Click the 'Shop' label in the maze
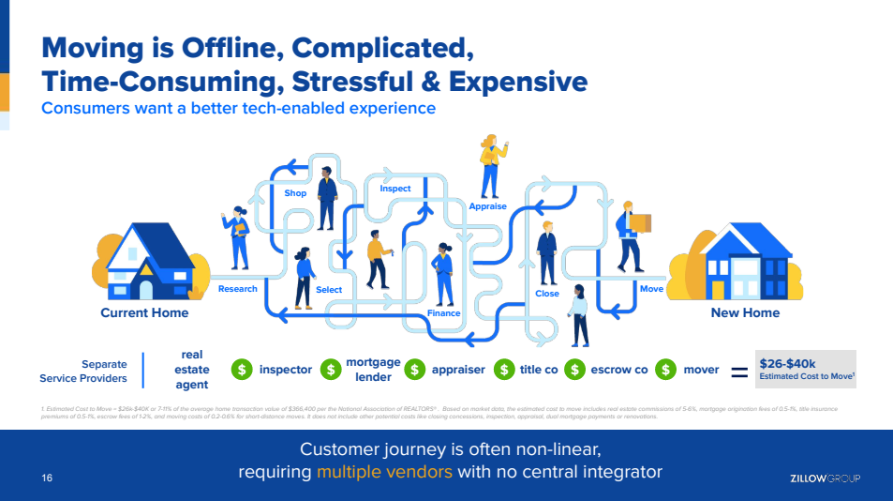pos(295,193)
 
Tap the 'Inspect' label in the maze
pos(395,189)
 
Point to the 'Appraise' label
pos(487,206)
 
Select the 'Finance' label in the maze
pos(444,313)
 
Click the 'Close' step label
pos(547,294)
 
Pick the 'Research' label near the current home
pos(237,289)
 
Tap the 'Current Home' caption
pos(144,312)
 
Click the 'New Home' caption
pos(745,312)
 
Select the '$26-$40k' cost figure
pos(787,363)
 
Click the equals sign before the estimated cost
pos(738,372)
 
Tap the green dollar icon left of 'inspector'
pos(242,370)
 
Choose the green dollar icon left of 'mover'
pos(666,370)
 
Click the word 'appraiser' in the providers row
pos(458,370)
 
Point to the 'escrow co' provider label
pos(619,370)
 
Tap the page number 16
pos(47,478)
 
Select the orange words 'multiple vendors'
pos(384,471)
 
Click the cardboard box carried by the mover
pos(641,222)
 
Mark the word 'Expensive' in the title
pos(518,81)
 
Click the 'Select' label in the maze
pos(329,290)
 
